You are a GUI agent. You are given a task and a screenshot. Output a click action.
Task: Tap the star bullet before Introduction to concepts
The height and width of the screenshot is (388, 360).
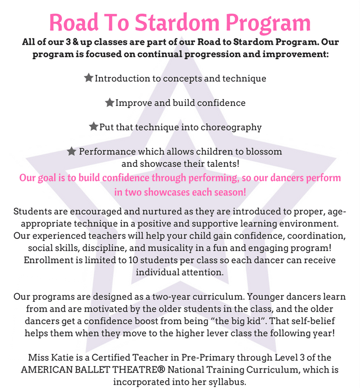(x=89, y=78)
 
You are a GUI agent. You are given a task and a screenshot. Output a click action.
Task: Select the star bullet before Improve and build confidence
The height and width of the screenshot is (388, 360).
(x=110, y=103)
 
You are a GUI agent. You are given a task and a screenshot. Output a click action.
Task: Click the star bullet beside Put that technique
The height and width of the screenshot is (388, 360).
(x=94, y=127)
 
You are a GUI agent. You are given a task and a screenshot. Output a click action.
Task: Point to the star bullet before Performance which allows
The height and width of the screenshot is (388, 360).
(x=71, y=151)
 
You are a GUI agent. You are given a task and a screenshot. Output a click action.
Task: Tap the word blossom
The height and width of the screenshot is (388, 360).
(x=263, y=151)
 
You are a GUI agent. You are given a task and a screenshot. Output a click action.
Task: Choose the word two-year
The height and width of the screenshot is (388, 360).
(x=204, y=297)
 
